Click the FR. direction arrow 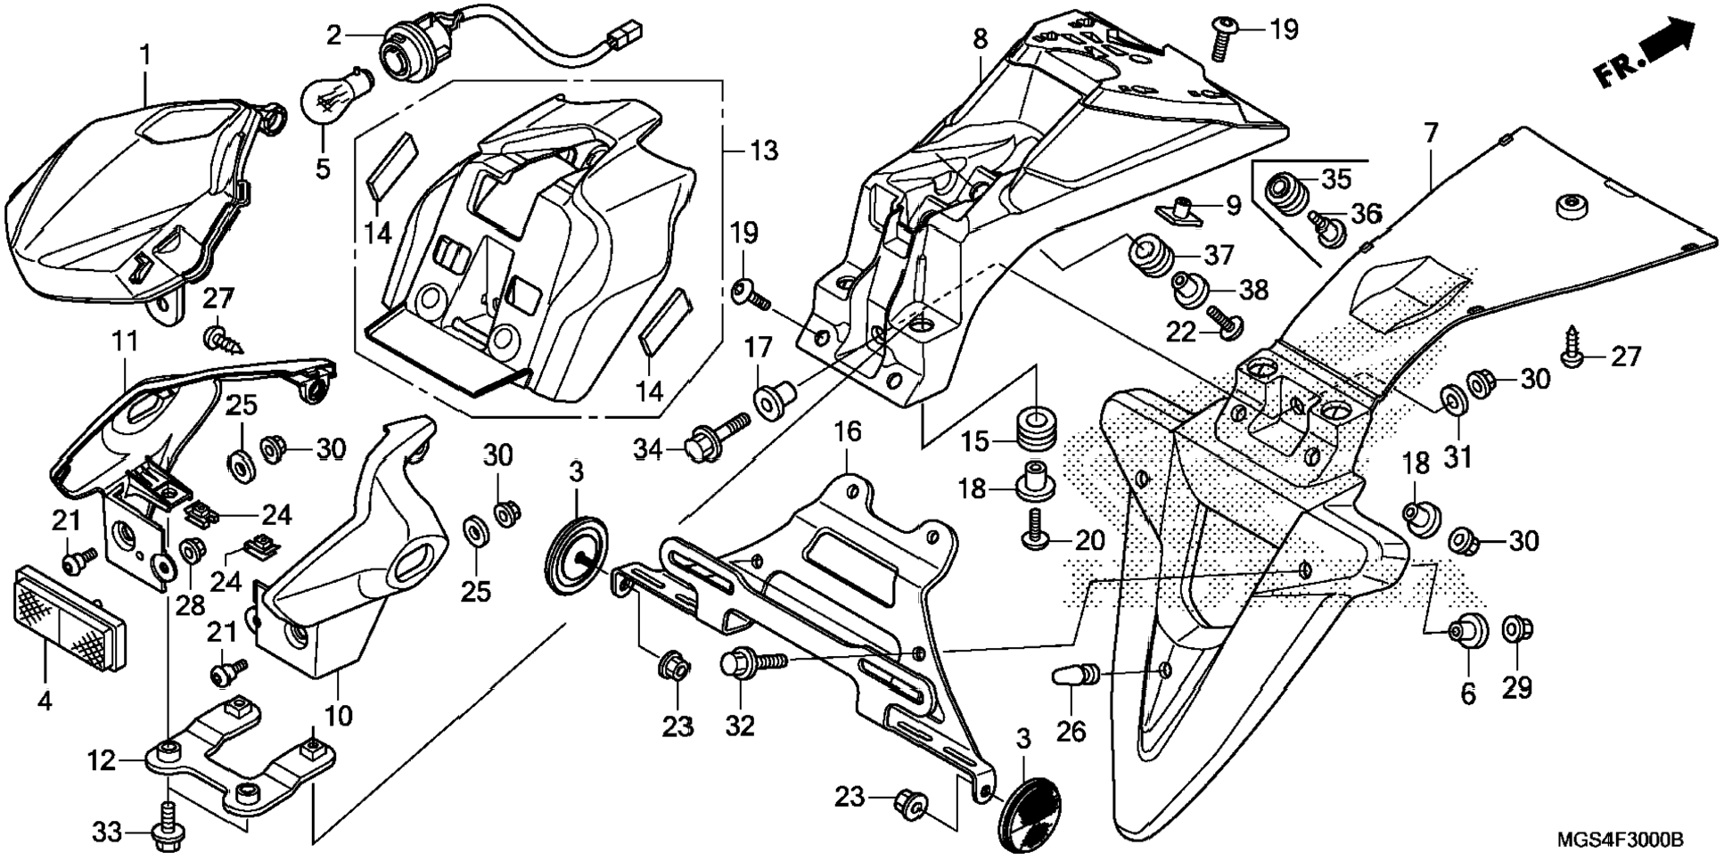pos(1646,55)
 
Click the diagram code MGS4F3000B pos(1621,840)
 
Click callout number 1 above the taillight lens pos(144,56)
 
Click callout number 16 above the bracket pos(847,434)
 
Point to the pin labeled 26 pos(1073,676)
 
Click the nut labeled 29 pos(1517,630)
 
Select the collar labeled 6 pos(1469,631)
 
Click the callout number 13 pos(763,151)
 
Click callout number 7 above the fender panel pos(1430,135)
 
